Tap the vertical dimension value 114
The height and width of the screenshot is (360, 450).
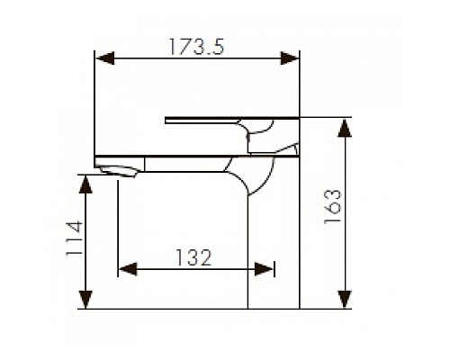[x=74, y=240]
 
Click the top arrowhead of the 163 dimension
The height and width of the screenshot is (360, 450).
[x=346, y=129]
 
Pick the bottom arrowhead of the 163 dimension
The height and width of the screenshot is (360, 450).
[x=346, y=301]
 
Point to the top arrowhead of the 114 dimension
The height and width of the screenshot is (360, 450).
[x=85, y=184]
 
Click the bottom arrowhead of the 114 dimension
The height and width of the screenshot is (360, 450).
[x=85, y=301]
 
